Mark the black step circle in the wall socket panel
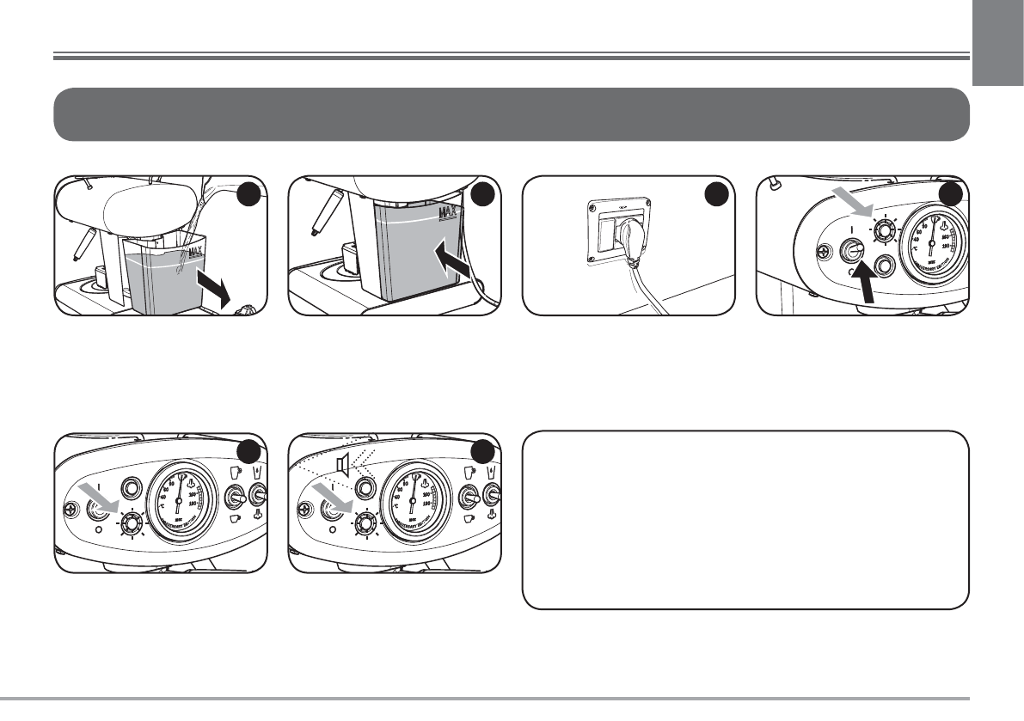(x=714, y=196)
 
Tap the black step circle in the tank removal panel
(x=248, y=195)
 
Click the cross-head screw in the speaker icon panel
(x=304, y=509)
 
